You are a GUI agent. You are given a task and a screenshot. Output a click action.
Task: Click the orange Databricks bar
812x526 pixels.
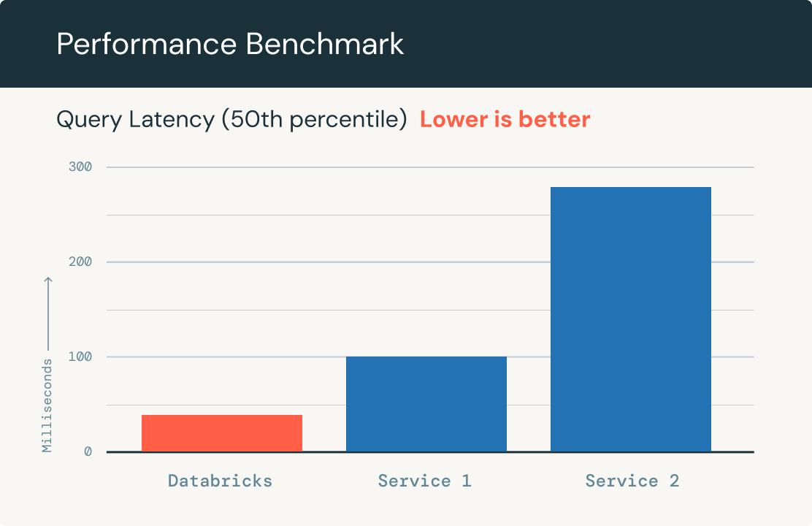221,433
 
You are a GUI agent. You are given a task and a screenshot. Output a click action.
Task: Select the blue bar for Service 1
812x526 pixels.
426,404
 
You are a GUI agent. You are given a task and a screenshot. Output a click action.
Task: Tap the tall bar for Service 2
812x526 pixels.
630,319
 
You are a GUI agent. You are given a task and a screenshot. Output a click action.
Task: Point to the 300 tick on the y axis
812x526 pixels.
81,167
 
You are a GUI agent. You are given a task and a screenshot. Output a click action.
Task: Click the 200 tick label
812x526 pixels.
81,262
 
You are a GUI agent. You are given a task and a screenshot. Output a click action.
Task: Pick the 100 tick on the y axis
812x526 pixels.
81,357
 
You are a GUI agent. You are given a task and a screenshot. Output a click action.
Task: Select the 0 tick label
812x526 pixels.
88,452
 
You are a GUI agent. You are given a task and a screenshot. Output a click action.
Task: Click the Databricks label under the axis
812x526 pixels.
220,481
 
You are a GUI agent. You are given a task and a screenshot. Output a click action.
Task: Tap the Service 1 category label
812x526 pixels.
424,481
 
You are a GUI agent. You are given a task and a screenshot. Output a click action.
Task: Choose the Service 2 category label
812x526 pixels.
632,481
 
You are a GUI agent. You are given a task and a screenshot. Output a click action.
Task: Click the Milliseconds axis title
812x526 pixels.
47,405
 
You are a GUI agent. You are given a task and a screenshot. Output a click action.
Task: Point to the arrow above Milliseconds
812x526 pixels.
47,314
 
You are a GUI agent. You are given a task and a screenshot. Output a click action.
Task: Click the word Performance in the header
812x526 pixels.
147,45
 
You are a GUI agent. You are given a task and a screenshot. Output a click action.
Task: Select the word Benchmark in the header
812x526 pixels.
324,45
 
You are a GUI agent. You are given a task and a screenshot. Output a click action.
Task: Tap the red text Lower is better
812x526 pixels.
505,119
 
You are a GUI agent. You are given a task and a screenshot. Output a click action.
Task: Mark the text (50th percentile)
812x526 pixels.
315,120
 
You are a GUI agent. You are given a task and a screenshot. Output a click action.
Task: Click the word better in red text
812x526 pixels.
554,119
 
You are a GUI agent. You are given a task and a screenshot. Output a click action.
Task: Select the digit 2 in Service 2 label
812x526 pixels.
674,481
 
